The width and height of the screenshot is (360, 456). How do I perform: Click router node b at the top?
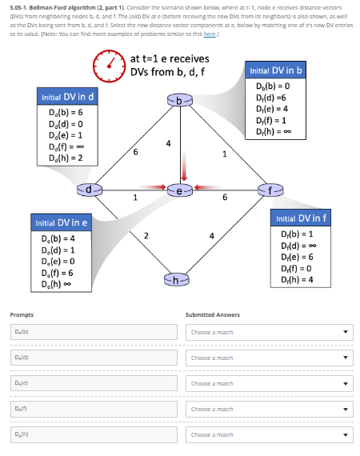coord(180,99)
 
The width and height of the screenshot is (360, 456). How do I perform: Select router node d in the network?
coord(90,190)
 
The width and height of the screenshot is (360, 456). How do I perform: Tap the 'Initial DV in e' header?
coord(61,220)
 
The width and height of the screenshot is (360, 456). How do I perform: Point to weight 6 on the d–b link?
coord(135,151)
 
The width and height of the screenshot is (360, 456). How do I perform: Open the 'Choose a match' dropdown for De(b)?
coord(268,332)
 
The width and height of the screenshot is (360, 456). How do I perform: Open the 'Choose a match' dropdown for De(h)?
coord(268,434)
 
